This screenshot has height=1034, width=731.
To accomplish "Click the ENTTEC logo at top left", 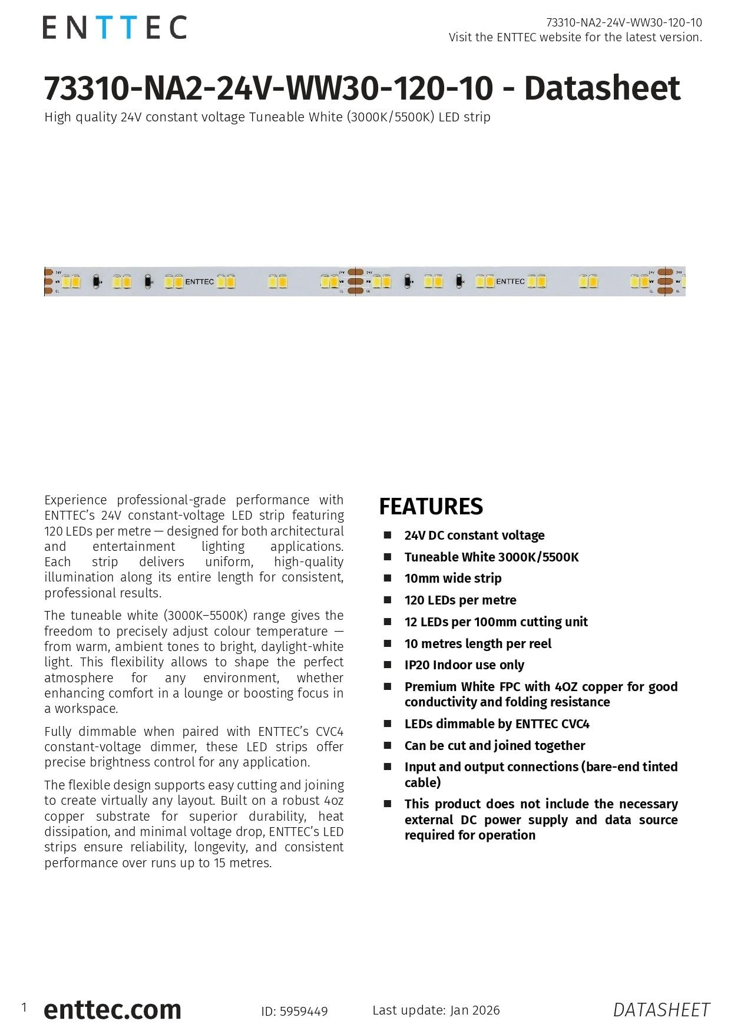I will tap(114, 28).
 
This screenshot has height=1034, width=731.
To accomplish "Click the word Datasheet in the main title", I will tap(601, 88).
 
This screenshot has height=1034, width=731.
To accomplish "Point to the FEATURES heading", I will tap(431, 507).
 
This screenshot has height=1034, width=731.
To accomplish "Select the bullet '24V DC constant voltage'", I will tap(474, 536).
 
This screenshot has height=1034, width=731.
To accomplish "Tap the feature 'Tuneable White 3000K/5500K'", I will tap(491, 557).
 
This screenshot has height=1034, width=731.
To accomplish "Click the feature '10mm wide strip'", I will tap(452, 579).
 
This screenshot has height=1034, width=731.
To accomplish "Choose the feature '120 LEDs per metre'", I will tap(460, 600).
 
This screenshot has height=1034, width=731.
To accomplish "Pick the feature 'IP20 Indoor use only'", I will tap(464, 665).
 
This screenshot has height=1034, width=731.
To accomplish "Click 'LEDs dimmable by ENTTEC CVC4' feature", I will tap(497, 724).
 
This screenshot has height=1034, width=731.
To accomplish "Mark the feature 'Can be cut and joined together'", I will tap(494, 746).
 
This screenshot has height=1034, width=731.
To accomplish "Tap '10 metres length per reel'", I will tap(478, 644).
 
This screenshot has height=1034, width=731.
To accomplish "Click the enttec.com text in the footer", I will tap(113, 1010).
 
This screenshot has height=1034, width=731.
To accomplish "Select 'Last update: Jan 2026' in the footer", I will tap(436, 1010).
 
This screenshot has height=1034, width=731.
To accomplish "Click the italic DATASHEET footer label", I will tap(661, 1010).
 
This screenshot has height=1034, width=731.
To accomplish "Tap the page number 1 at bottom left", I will tap(24, 1007).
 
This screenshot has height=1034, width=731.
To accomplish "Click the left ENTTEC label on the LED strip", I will tap(199, 282).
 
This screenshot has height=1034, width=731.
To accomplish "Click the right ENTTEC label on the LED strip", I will tap(510, 282).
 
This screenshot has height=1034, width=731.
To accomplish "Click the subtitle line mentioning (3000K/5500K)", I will tap(267, 117).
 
